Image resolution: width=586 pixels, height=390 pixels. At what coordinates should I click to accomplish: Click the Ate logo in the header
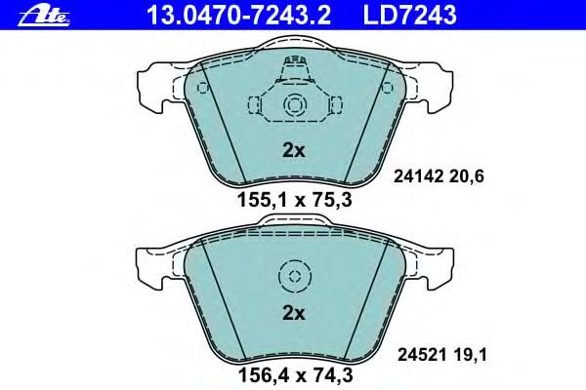(44, 17)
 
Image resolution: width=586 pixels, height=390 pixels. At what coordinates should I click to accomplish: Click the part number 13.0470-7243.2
(239, 15)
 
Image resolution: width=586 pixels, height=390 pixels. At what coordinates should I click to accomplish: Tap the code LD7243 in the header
(409, 15)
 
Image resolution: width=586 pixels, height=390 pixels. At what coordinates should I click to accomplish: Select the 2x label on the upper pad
(293, 150)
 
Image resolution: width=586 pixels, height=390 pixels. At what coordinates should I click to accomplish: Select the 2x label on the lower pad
(293, 314)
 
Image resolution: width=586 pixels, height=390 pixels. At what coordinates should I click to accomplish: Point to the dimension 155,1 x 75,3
(295, 201)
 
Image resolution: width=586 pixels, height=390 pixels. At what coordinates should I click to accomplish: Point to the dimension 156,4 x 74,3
(295, 375)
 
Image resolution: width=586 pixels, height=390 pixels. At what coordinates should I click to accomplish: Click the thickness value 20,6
(467, 176)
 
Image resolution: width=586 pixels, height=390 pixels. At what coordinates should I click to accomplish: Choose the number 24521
(422, 355)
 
